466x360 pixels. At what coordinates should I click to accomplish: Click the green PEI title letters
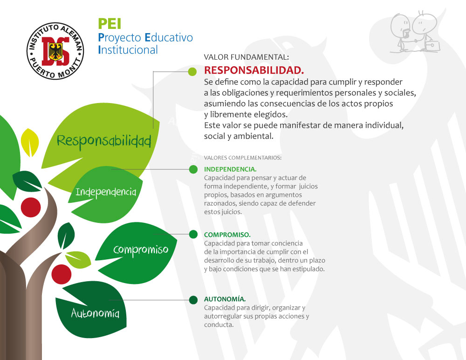click(x=110, y=23)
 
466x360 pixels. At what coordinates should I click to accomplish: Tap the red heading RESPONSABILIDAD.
click(x=254, y=70)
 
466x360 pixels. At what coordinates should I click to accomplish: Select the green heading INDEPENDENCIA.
click(x=230, y=169)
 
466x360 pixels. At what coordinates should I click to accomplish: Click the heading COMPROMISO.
click(x=227, y=235)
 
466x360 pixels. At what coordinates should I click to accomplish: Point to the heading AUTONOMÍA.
click(x=225, y=299)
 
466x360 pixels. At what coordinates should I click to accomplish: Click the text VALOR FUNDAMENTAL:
click(x=246, y=57)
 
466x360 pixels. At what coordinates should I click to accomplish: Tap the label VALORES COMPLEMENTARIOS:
click(x=242, y=158)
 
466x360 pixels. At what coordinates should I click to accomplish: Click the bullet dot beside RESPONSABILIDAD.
click(x=192, y=71)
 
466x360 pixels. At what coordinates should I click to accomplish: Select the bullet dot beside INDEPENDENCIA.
click(x=193, y=169)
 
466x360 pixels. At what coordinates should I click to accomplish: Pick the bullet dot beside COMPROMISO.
click(x=193, y=235)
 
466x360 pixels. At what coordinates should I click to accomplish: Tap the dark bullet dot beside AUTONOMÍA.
click(x=193, y=300)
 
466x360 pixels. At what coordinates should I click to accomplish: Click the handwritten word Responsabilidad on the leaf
click(x=104, y=141)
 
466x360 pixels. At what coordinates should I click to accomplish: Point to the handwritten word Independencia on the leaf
click(x=106, y=192)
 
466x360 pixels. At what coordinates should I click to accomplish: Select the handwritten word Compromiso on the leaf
click(x=141, y=250)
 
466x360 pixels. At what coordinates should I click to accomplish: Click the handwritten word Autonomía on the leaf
click(x=95, y=313)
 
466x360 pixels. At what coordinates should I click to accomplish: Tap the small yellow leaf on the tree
click(x=30, y=142)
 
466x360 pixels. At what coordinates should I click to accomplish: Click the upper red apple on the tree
click(x=31, y=207)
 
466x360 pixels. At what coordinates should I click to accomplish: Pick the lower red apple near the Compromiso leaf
click(x=62, y=274)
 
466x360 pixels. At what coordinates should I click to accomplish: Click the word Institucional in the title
click(x=128, y=50)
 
